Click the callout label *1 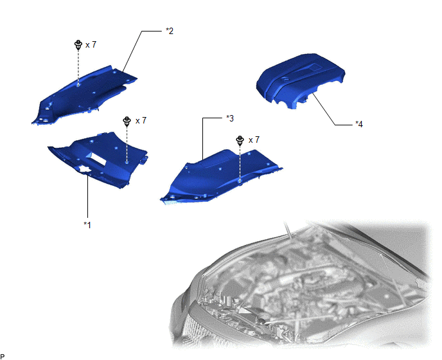87,225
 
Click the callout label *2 170,31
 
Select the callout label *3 230,118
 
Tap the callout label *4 359,124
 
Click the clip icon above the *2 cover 78,45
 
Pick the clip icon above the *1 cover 127,122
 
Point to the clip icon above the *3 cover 240,141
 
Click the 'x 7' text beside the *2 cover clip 91,44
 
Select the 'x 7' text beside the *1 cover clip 141,121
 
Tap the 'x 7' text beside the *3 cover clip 254,140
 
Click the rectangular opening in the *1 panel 96,159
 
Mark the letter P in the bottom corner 3,357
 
